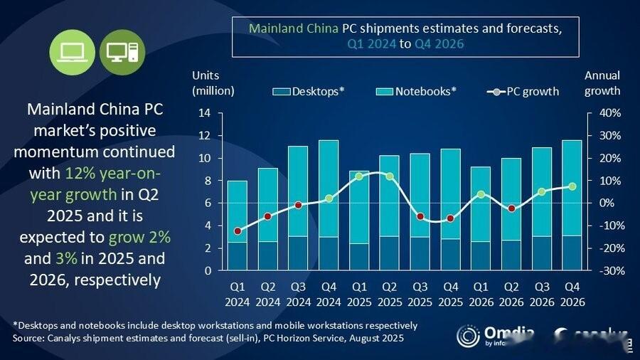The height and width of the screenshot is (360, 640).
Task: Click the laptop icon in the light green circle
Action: tap(73, 51)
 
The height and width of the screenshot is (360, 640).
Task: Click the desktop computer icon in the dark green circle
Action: tap(122, 51)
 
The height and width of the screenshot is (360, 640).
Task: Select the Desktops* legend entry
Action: tap(309, 92)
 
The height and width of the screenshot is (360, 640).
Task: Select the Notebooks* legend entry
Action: tap(416, 92)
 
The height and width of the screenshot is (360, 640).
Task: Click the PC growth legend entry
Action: tap(523, 92)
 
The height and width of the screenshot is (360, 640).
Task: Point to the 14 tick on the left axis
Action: tap(205, 113)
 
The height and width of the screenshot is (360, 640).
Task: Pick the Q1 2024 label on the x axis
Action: tap(237, 295)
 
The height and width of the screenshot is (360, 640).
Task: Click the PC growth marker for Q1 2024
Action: tap(237, 231)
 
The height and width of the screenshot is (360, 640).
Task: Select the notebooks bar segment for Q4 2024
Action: tap(328, 189)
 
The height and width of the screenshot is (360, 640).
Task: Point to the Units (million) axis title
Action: tap(213, 83)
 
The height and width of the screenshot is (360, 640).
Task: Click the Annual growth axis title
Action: tap(602, 83)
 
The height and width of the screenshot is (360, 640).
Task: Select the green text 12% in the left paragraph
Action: tap(78, 173)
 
